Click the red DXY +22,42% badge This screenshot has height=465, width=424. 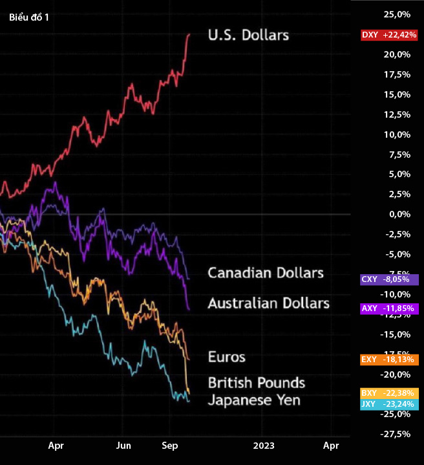coord(389,35)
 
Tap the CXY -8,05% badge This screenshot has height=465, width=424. coord(389,279)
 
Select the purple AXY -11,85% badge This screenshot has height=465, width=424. coord(389,308)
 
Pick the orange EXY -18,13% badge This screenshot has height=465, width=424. coord(389,359)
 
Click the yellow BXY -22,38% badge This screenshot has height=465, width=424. coord(389,393)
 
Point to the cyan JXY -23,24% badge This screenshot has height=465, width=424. coord(389,404)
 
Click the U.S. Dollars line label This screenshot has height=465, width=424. coord(248,35)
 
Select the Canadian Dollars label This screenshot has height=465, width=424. coord(266,273)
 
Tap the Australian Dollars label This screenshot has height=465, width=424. coord(269,303)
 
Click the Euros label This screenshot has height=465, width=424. coord(227,356)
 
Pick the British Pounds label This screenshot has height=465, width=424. coord(257,383)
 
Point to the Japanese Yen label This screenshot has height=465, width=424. coord(254,400)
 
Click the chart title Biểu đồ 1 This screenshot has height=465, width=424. coord(29,17)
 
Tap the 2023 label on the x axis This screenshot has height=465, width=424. coord(264,446)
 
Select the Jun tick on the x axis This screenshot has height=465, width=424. coord(123,446)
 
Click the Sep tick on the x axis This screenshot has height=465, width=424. coord(170,446)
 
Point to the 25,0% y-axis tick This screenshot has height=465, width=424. coord(397,14)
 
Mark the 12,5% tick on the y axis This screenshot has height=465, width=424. coord(397,114)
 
